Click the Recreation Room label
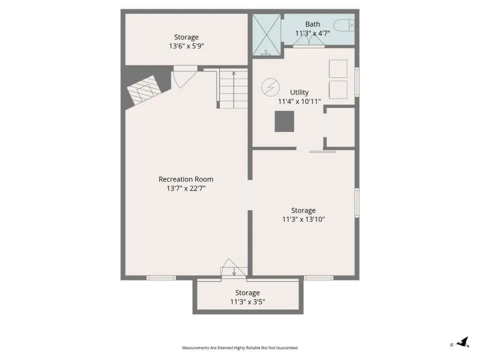coord(186,179)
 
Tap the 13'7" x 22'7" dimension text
coord(186,188)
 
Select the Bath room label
coord(312,24)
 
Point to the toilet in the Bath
coord(344,25)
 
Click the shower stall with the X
coord(266,35)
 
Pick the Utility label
coord(299,92)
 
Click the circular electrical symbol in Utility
coord(270,87)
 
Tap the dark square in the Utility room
coord(284,121)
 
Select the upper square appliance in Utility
coord(338,68)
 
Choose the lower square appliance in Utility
coord(338,89)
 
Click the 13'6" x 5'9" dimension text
coord(186,46)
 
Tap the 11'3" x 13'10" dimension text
coord(303,219)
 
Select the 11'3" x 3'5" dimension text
coord(247,302)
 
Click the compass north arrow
coord(462,342)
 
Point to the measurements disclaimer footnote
coord(239,348)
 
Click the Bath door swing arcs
coord(309,40)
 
